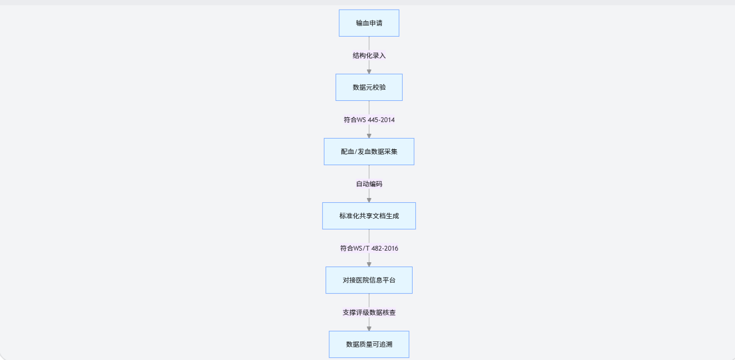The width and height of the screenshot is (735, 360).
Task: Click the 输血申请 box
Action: (369, 23)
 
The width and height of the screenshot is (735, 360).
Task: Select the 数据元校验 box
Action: (369, 87)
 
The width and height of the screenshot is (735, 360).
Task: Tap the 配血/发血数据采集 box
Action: (369, 151)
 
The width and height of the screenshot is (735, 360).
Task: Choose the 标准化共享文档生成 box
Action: (369, 216)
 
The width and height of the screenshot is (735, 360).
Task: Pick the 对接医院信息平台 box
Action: (369, 280)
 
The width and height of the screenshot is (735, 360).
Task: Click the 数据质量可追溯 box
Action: (369, 344)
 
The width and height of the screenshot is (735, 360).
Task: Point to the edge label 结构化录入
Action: (369, 55)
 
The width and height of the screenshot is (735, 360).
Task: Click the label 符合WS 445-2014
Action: (369, 119)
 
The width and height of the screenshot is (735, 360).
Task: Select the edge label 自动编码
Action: (369, 184)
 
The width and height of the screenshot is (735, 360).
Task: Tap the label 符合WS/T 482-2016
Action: (369, 248)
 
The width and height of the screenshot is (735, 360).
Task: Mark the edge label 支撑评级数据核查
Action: (369, 312)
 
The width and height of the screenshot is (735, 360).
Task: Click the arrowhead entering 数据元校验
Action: (369, 71)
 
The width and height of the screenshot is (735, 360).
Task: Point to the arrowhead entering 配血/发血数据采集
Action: (369, 135)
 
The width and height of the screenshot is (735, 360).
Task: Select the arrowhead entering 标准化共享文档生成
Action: (369, 200)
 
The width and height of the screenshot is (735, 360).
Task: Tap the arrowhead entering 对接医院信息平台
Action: (369, 264)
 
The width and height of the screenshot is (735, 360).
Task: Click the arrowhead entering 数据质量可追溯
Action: (369, 328)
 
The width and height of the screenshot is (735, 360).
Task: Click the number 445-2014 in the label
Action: (381, 119)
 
